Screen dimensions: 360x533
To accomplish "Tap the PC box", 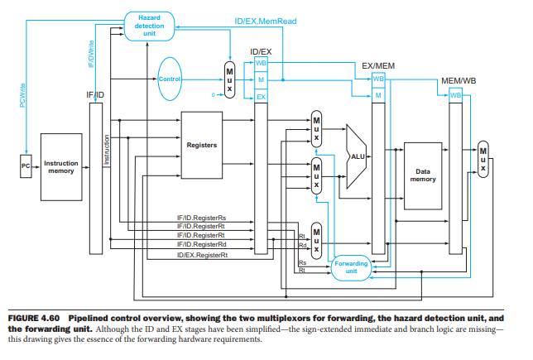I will click(26, 166).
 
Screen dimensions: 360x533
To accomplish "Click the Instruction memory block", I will click(61, 167).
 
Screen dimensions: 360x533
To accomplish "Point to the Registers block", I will click(203, 145).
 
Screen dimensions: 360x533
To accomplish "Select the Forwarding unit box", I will click(351, 266).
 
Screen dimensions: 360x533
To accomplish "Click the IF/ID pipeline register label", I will click(95, 94).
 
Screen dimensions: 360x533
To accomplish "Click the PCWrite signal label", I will click(22, 94).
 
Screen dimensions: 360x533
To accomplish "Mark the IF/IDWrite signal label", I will click(90, 54).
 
